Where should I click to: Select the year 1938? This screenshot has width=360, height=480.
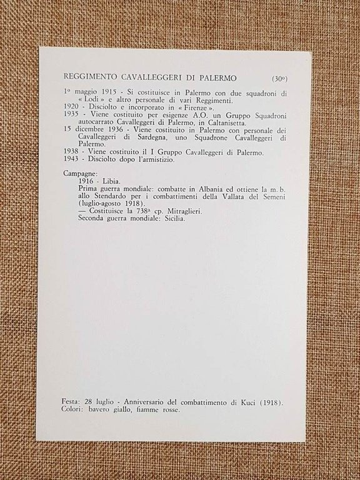coord(72,153)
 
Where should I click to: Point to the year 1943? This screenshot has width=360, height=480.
coord(72,160)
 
